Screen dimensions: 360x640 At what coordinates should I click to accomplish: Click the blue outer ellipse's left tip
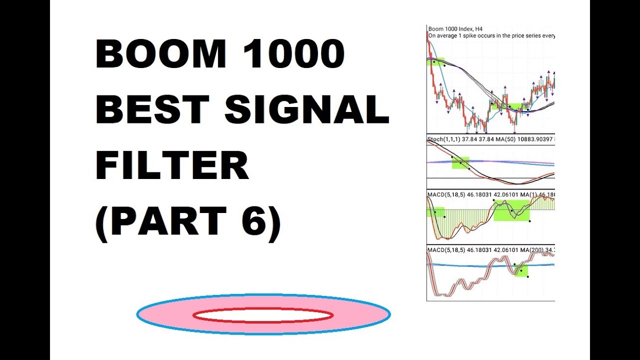point(137,314)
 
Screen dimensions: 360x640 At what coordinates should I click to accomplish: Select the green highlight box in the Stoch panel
point(460,162)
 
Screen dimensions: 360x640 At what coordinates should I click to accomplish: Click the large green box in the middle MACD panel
point(511,210)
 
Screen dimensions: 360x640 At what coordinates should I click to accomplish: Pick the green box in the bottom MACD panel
point(521,270)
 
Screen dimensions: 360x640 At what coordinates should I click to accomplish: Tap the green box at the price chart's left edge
point(435,61)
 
